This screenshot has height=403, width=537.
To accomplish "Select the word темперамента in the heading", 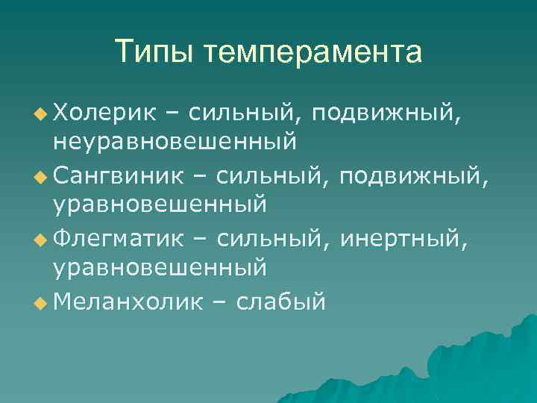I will coord(314,52).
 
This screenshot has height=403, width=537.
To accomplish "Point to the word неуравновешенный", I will coord(175,140).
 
